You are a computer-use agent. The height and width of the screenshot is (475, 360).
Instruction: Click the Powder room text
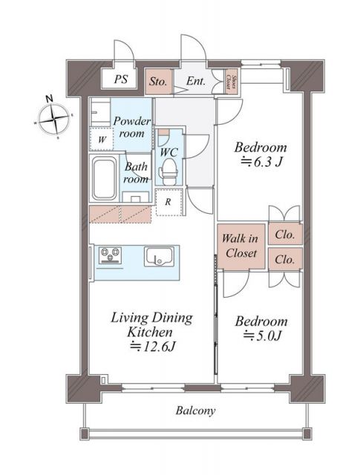[132, 128]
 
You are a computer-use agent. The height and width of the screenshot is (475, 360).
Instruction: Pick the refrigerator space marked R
[168, 201]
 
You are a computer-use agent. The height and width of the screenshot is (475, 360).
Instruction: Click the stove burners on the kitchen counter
[111, 257]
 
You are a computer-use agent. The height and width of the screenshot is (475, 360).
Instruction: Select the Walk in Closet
[241, 246]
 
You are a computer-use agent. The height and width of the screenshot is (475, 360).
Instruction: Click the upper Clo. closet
[284, 235]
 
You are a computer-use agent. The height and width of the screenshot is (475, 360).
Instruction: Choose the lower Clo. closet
[284, 260]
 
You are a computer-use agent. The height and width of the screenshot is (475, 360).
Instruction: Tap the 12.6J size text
[152, 346]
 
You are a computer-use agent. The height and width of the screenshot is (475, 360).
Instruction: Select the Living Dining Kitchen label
[151, 324]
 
